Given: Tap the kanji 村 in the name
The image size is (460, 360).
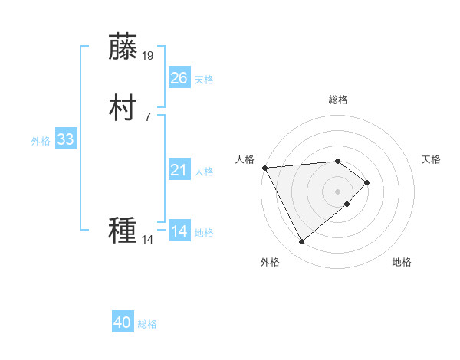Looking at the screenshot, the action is coord(123,108).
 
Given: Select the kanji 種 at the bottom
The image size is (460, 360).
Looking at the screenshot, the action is coord(123,230).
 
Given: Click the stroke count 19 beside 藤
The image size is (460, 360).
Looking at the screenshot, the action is coord(148,55).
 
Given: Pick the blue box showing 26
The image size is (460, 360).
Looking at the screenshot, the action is coord(179,78).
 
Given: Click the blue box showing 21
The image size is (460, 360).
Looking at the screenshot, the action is coord(179,170).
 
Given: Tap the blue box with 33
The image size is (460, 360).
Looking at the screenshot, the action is coord(65,139).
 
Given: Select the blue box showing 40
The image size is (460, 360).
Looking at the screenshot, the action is coord(123,322).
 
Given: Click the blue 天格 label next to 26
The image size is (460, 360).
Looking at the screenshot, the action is coord(204,80).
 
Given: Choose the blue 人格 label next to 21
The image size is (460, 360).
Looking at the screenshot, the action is coord(204,172).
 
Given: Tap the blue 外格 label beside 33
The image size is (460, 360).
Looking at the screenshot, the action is coord(41,141).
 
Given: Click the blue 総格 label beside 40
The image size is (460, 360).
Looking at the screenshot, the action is coord(147,324).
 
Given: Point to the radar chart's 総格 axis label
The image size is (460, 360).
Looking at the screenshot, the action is coord(338,100).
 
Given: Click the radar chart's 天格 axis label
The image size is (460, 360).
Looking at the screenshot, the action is coord(431,159).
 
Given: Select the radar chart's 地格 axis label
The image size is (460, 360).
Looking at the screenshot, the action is coord(402,263).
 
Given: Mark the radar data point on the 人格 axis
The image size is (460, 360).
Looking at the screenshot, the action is coord(264,167).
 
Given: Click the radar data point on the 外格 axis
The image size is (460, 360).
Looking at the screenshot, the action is coord(301,242).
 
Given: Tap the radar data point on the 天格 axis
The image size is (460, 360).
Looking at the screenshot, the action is coord(367,182).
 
